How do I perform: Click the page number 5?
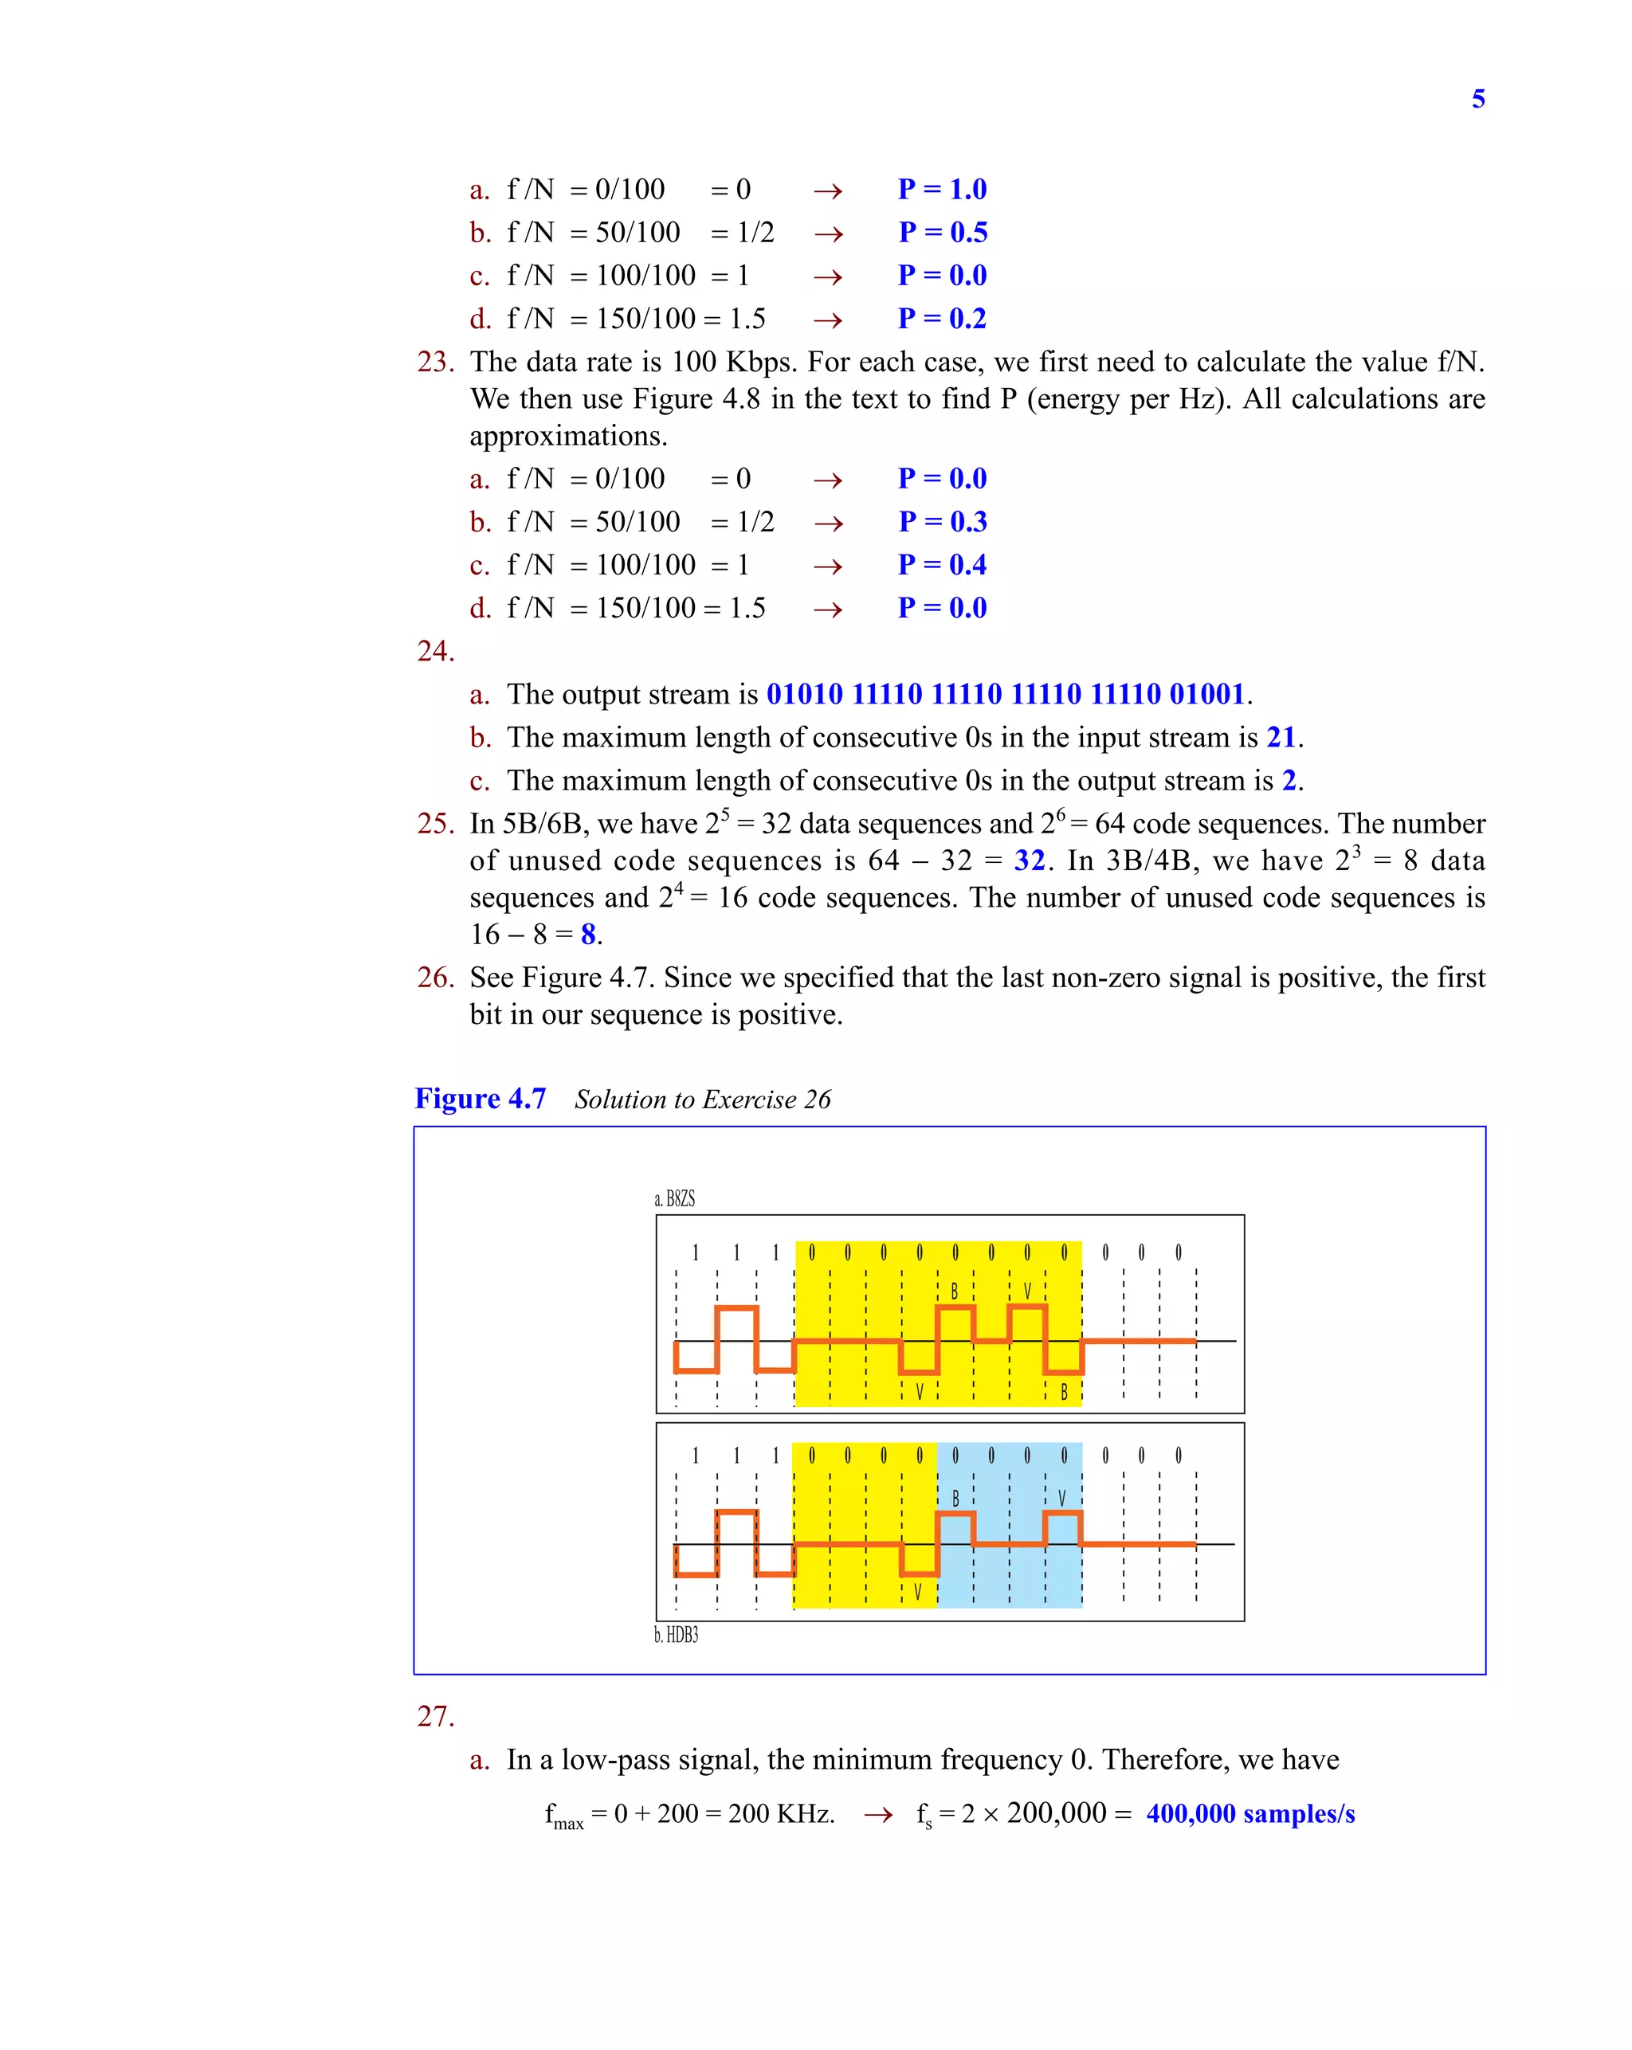point(1477,99)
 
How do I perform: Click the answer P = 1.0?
point(942,189)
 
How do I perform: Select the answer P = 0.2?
point(942,319)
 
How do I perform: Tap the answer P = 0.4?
point(942,565)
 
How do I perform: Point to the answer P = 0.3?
point(943,522)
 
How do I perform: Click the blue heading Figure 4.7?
point(481,1099)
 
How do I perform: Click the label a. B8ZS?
point(674,1199)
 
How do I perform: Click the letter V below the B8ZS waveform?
point(919,1392)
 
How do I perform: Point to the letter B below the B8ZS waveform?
point(1063,1392)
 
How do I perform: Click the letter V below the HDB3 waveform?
point(917,1592)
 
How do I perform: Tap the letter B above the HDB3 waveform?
point(955,1499)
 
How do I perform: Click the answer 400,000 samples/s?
point(1249,1814)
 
